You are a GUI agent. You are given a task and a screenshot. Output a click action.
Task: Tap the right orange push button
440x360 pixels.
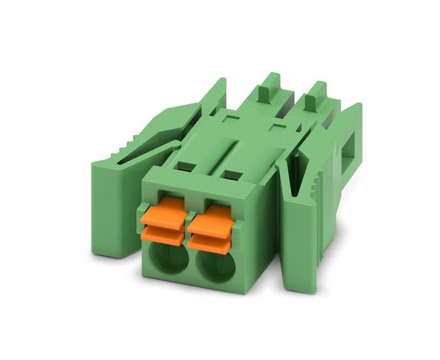click(212, 217)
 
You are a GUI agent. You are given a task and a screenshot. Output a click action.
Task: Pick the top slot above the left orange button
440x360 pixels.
click(185, 167)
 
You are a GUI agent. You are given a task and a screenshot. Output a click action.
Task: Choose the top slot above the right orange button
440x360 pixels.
click(232, 173)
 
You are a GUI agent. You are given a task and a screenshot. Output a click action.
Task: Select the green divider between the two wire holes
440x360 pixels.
click(191, 264)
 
